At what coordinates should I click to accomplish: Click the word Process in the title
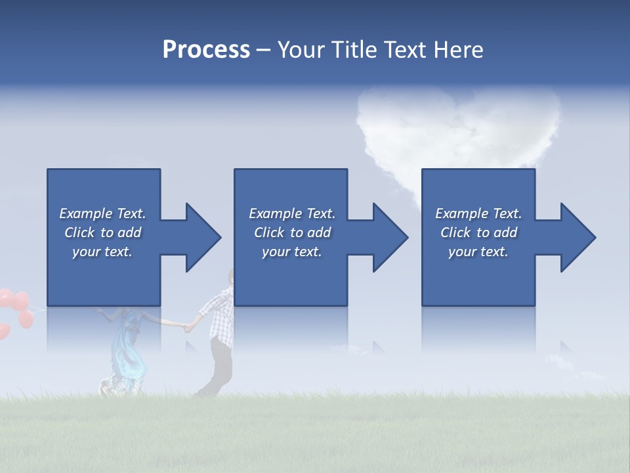tap(206, 50)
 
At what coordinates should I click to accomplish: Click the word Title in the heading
tap(353, 50)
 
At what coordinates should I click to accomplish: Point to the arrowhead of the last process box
tap(577, 237)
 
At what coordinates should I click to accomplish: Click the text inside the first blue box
tap(102, 233)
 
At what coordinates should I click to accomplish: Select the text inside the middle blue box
tap(291, 233)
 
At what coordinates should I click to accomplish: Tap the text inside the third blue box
tap(478, 233)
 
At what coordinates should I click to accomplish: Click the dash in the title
tap(264, 51)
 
